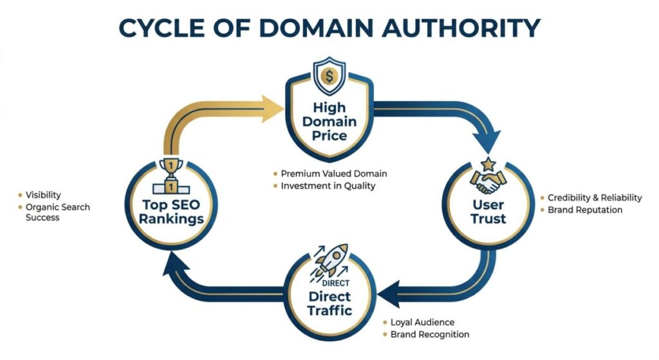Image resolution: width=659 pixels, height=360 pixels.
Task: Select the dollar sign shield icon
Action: (x=329, y=76)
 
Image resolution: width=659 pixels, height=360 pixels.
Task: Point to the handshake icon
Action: (x=488, y=182)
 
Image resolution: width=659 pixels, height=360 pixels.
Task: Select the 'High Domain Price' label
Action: (x=329, y=122)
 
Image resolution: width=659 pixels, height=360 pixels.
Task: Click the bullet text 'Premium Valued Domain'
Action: (x=333, y=174)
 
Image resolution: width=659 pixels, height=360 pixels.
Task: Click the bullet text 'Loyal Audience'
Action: (x=422, y=322)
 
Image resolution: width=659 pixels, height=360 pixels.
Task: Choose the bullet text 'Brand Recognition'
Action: (x=430, y=334)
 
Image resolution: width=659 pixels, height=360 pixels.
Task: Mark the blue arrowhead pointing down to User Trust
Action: (x=487, y=138)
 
